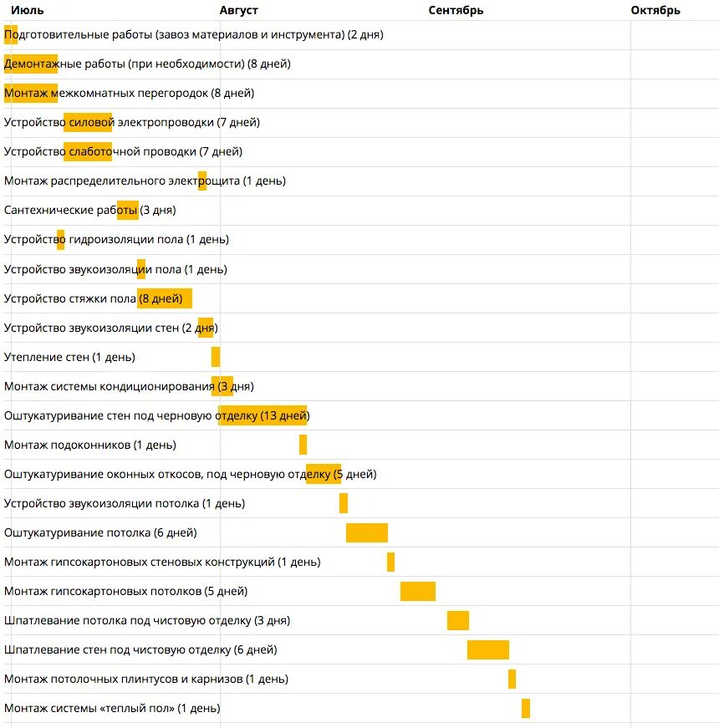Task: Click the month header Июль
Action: tap(27, 10)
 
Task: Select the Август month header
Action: tap(239, 10)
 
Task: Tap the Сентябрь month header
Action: tap(456, 10)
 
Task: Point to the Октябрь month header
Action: tap(655, 10)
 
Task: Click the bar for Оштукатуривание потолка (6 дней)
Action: tap(367, 532)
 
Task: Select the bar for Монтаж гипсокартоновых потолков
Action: tap(418, 591)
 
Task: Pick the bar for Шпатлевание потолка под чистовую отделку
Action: tap(458, 620)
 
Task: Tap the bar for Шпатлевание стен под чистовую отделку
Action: tap(488, 649)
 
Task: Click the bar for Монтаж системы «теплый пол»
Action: tap(526, 708)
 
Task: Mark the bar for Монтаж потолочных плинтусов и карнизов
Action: tap(512, 679)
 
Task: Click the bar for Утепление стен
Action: tap(216, 357)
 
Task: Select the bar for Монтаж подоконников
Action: tap(303, 445)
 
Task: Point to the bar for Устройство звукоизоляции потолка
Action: tap(344, 503)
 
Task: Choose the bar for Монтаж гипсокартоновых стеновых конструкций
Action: tap(390, 562)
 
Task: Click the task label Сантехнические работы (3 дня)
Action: tap(89, 211)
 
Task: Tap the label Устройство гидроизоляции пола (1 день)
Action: tap(116, 240)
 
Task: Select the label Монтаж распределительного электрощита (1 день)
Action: tap(145, 181)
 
